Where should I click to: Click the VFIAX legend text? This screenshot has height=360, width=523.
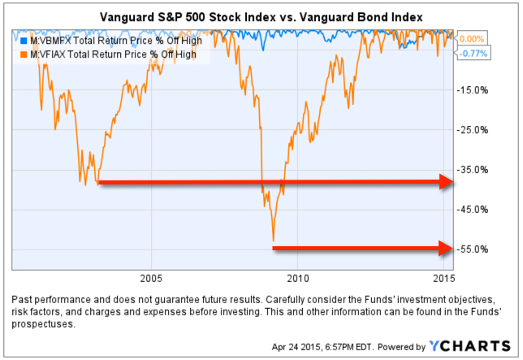tap(113, 54)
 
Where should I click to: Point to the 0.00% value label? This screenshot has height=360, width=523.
tap(472, 38)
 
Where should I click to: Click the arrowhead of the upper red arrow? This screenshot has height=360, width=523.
tap(443, 182)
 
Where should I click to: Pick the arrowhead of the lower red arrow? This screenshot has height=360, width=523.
tap(443, 247)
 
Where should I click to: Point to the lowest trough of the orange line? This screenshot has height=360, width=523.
tap(273, 241)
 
